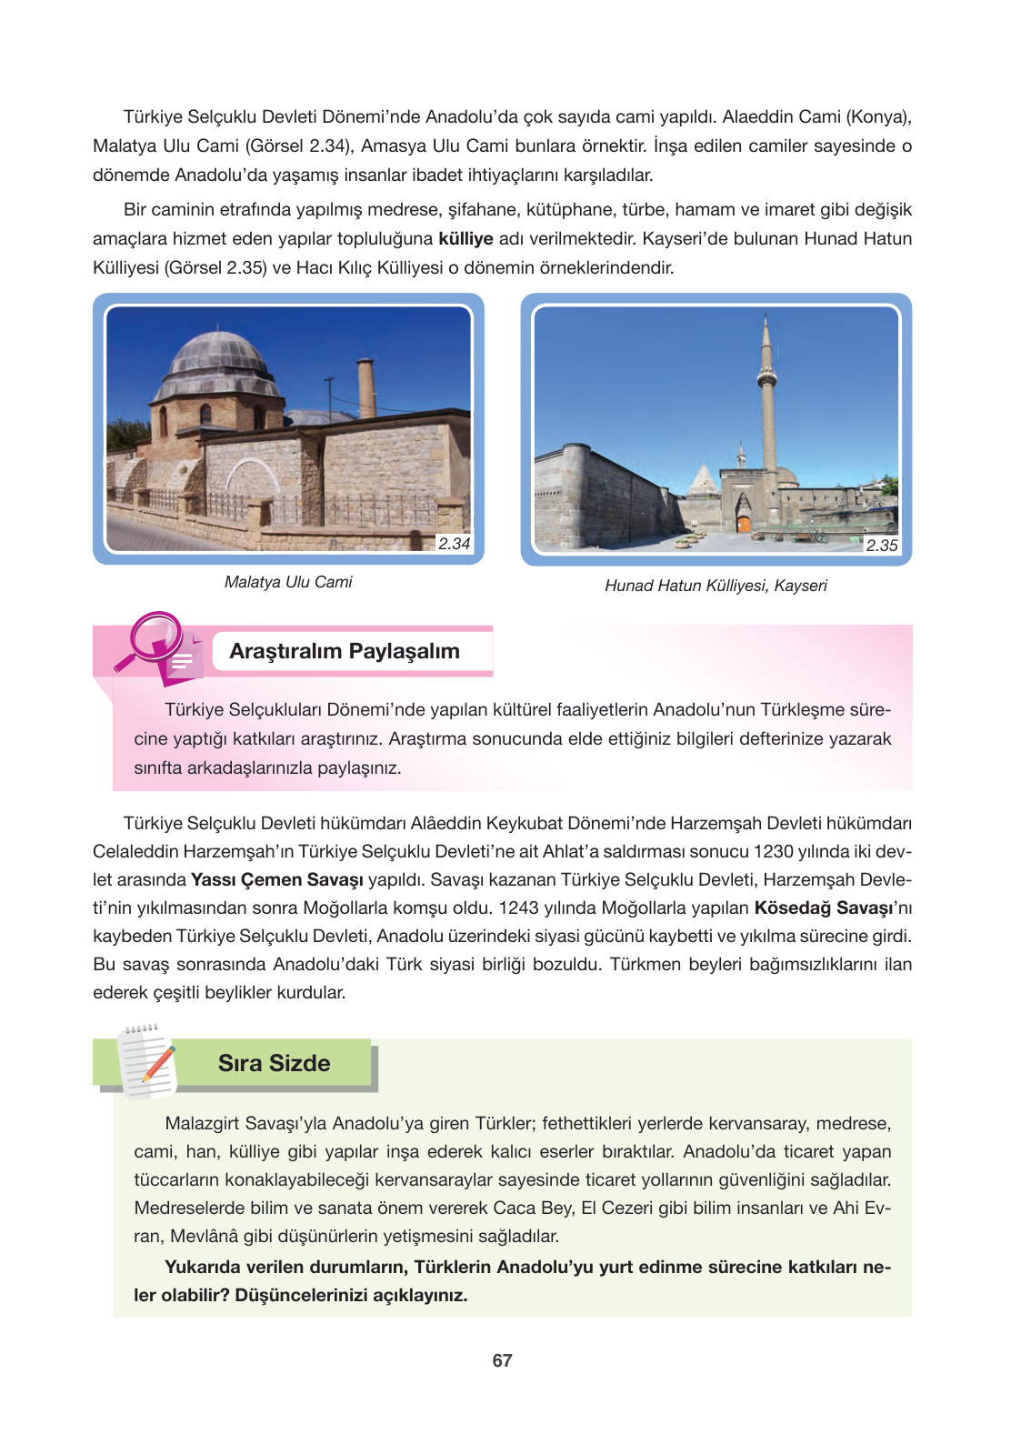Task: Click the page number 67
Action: [502, 1360]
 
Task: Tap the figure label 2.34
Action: [454, 544]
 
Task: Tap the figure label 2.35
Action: [881, 546]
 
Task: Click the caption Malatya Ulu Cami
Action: [288, 582]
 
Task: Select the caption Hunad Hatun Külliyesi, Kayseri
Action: [716, 586]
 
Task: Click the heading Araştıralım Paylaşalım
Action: [345, 651]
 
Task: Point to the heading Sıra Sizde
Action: [274, 1063]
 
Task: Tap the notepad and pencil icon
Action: [145, 1062]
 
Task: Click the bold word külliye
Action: [465, 238]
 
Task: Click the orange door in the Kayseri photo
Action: [744, 524]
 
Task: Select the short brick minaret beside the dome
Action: [366, 388]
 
